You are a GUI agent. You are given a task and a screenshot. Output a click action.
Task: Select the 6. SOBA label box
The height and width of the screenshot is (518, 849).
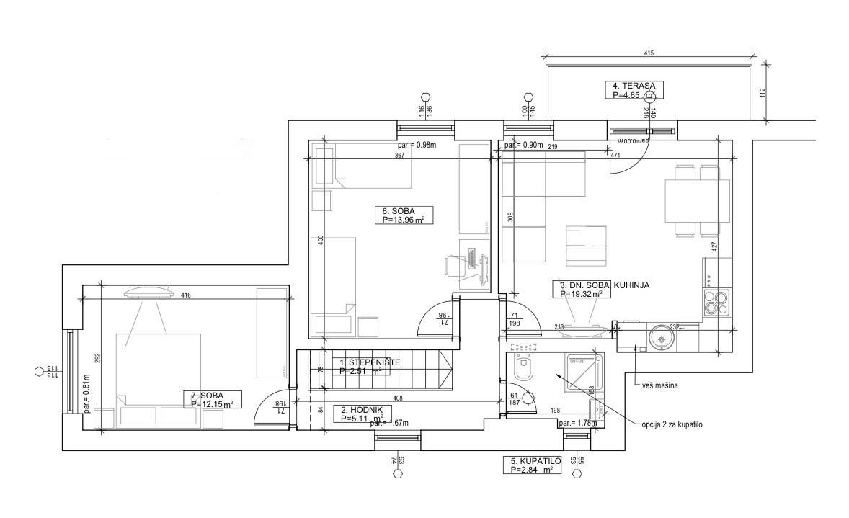tap(404, 215)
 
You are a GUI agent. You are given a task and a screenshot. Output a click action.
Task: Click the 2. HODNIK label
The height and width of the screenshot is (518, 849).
tap(362, 413)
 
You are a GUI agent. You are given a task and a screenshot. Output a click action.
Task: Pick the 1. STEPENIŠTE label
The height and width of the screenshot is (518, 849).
tap(365, 367)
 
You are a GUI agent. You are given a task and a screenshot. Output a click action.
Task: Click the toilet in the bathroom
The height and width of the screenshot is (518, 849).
tap(523, 370)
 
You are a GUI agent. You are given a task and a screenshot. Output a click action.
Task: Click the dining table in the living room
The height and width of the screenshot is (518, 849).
tap(698, 201)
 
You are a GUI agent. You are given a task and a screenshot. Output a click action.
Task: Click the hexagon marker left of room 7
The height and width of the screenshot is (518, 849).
tap(39, 372)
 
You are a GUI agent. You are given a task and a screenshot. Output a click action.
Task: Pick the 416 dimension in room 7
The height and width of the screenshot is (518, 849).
tap(186, 295)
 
